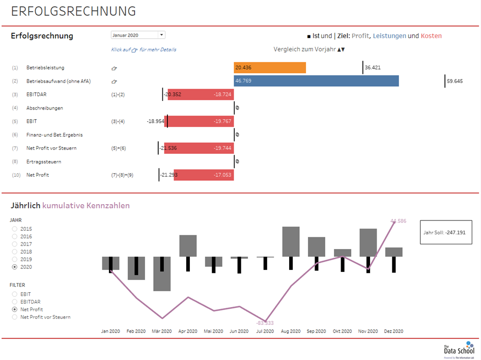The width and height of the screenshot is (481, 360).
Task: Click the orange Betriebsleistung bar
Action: click(x=270, y=68)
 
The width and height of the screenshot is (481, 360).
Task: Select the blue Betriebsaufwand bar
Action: click(x=316, y=81)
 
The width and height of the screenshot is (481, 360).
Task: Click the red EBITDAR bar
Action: click(x=201, y=94)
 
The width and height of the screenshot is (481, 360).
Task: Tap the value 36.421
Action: click(x=373, y=68)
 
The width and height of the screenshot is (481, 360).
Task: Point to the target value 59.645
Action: click(x=455, y=81)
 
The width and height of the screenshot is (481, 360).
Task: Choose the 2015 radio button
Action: click(x=15, y=229)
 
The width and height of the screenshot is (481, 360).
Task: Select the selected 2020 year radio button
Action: click(x=15, y=267)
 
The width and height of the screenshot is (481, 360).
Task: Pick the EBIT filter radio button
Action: click(x=15, y=294)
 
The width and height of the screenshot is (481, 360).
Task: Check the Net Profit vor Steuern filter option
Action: click(x=15, y=317)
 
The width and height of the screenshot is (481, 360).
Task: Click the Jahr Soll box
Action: click(x=446, y=232)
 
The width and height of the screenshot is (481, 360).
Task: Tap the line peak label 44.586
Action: click(x=398, y=221)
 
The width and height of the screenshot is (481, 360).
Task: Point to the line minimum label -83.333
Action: click(x=265, y=323)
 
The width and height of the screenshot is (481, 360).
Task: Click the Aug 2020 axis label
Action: click(x=291, y=331)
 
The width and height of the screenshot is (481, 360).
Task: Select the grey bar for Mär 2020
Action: click(x=162, y=274)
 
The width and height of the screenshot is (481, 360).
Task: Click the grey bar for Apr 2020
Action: click(x=188, y=246)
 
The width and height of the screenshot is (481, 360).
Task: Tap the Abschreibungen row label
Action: click(x=45, y=108)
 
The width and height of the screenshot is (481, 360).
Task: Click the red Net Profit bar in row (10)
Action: click(x=204, y=175)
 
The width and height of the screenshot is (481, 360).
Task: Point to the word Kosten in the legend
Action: click(x=431, y=36)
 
